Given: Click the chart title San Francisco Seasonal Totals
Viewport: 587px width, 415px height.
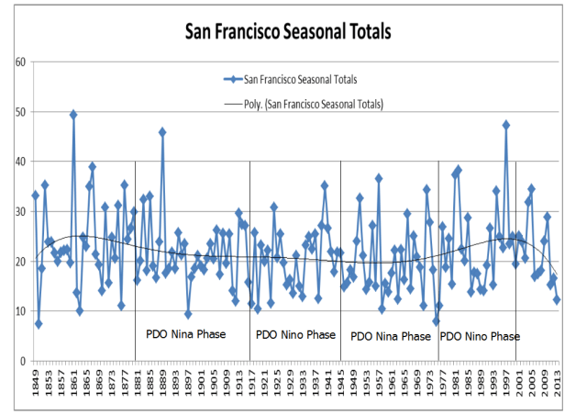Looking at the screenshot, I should pyautogui.click(x=289, y=31).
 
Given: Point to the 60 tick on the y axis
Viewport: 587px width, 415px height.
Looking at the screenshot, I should pyautogui.click(x=17, y=62).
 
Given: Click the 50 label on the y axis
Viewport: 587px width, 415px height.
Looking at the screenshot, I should pyautogui.click(x=17, y=112).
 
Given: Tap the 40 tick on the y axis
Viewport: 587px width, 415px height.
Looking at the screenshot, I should pyautogui.click(x=17, y=162).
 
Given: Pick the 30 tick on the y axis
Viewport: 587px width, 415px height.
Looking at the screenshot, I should pyautogui.click(x=17, y=211).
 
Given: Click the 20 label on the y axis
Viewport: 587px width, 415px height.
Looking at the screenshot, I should pyautogui.click(x=17, y=262).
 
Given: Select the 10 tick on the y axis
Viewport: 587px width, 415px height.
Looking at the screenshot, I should pyautogui.click(x=17, y=311).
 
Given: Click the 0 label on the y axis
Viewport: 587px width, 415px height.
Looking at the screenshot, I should pyautogui.click(x=19, y=361).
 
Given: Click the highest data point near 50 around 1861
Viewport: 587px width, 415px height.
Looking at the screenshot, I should pyautogui.click(x=73, y=115).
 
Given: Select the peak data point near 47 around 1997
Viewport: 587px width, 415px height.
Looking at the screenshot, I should pyautogui.click(x=505, y=125).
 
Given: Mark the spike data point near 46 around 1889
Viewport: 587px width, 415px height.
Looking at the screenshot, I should pyautogui.click(x=162, y=132).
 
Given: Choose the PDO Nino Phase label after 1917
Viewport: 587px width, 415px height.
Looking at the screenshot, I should pyautogui.click(x=295, y=335).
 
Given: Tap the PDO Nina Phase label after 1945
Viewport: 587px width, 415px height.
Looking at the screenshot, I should pyautogui.click(x=391, y=336).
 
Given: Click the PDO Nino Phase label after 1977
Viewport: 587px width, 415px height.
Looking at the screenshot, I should pyautogui.click(x=480, y=336).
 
